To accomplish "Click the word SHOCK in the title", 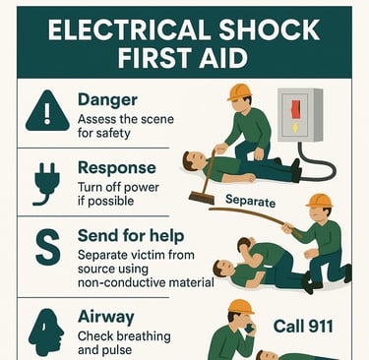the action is coord(269,30).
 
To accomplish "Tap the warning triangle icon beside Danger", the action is coord(47,111).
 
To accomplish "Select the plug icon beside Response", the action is coord(47,184).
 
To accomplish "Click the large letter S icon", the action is coord(48,247).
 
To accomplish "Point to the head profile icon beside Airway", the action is coord(46,332).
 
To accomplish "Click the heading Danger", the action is coord(107,100).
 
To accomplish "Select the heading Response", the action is coord(117,168).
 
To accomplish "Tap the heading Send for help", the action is coord(131,236).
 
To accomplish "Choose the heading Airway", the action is coord(106,318).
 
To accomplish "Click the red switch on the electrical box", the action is coord(296,108).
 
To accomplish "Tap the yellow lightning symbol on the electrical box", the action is coord(295,127).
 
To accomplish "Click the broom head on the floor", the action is coord(202,198).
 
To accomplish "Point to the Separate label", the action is coord(250,201).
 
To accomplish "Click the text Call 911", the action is coord(303,327).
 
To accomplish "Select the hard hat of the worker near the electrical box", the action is coord(239,92).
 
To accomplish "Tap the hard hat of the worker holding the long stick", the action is coord(319,201).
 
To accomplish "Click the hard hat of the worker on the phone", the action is coord(241,307).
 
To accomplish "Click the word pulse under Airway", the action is coord(117,350).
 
